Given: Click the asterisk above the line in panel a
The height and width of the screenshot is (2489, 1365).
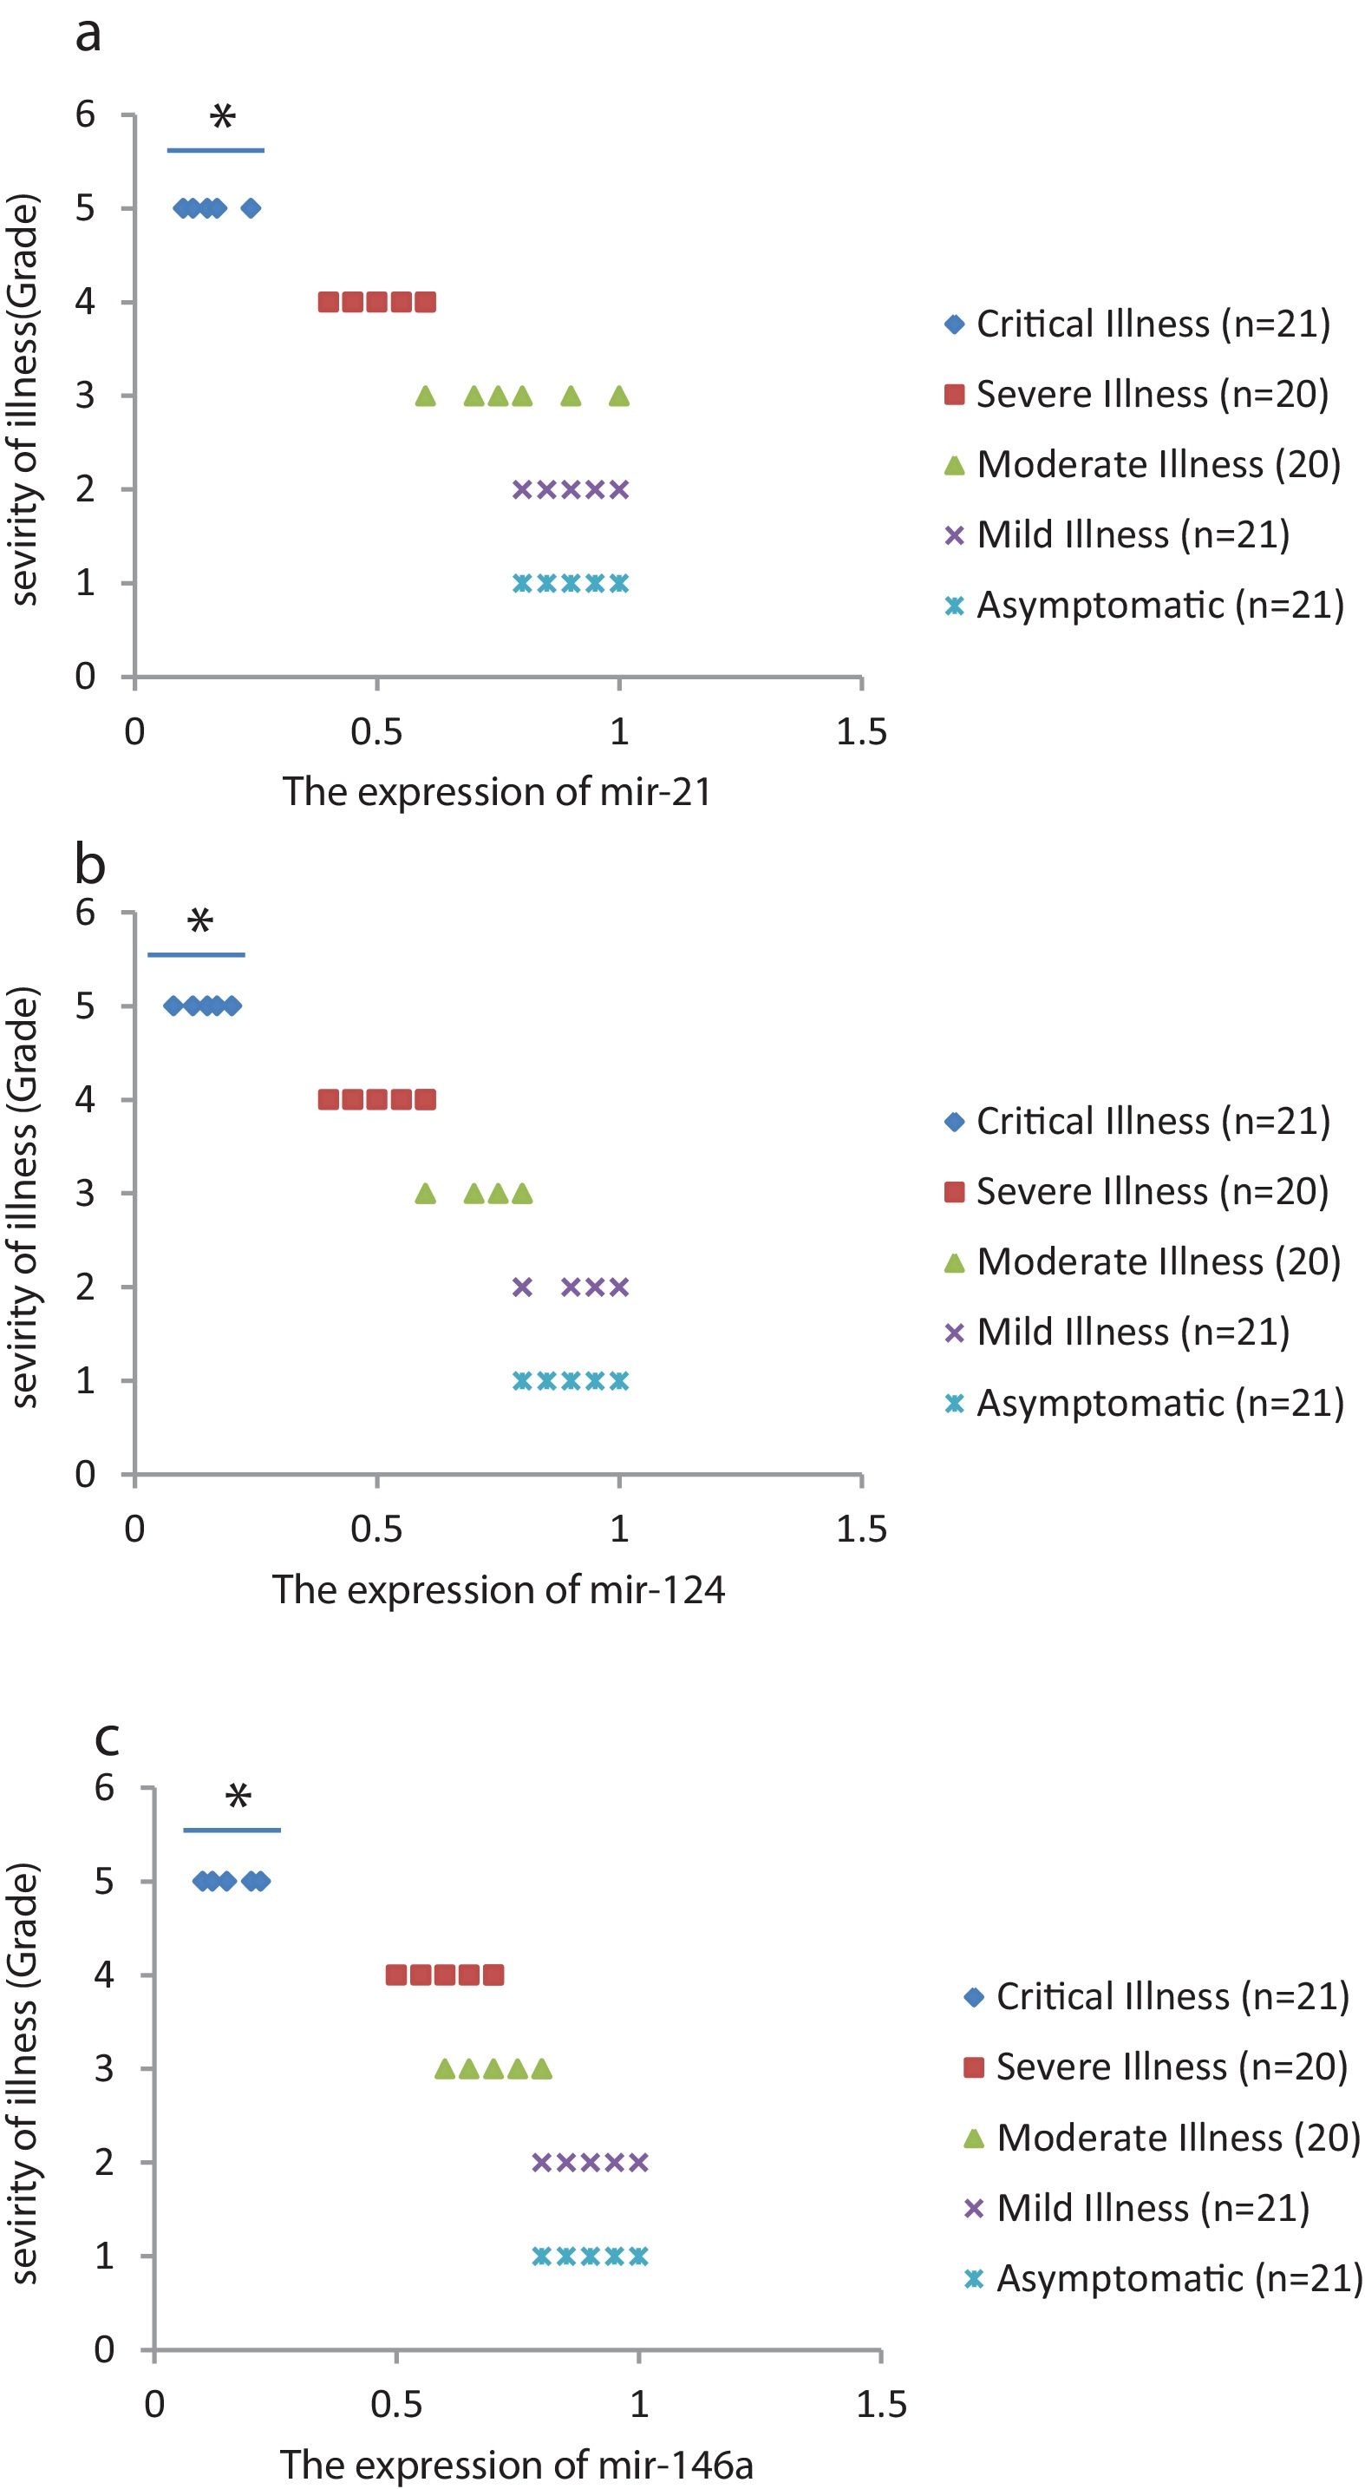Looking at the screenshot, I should click(x=222, y=118).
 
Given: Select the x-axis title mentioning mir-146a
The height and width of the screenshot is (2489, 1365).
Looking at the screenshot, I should click(x=516, y=2465).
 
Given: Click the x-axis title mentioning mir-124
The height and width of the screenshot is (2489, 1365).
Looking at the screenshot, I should click(x=498, y=1589).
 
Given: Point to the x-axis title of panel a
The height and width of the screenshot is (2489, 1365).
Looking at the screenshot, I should click(x=497, y=792).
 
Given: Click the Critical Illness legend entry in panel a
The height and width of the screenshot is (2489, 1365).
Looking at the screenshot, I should click(x=1138, y=324).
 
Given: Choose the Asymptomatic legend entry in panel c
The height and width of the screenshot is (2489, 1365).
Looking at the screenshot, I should click(x=1163, y=2278).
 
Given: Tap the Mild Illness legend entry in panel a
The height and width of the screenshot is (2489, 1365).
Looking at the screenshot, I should click(x=1118, y=534).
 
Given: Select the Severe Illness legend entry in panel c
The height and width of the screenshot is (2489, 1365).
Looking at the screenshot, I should click(x=1155, y=2067).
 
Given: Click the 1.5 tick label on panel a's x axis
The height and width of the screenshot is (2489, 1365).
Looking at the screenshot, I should click(x=861, y=732).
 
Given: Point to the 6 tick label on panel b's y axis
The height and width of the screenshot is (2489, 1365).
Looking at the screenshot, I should click(x=86, y=912).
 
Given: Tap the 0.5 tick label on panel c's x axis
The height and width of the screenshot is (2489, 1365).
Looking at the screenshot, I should click(x=396, y=2405).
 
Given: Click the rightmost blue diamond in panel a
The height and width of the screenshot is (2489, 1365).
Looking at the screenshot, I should click(x=251, y=207).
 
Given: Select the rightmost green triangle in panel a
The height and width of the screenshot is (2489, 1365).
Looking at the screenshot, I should click(x=619, y=396).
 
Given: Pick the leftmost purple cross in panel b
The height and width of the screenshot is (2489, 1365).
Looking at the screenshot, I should click(x=522, y=1287).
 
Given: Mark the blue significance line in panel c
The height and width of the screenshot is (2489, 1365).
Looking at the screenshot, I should click(x=232, y=1830).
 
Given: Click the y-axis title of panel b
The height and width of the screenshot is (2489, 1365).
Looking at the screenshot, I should click(x=25, y=1198).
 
